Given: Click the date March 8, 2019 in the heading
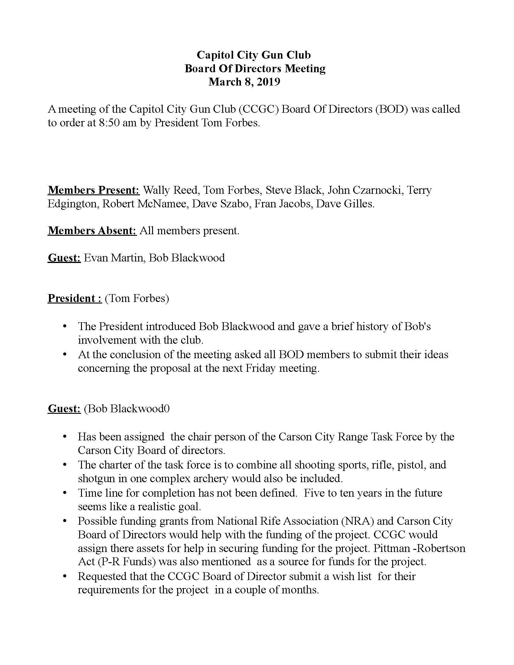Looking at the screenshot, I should coord(244,82).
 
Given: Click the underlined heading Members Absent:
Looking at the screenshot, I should coord(92,231).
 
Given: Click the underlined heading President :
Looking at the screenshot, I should coord(75,298).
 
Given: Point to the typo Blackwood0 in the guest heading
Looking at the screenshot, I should coord(140,408).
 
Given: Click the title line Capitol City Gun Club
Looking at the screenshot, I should coord(254,55).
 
